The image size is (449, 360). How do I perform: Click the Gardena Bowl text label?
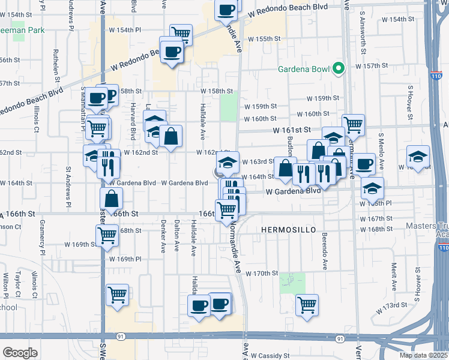[304, 68]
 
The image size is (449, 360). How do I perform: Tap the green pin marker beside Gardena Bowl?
[339, 68]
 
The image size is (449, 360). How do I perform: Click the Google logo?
[20, 353]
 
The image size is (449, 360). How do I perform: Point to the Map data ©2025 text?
[423, 355]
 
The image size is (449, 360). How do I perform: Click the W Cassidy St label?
[270, 355]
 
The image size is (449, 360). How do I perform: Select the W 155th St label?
[264, 39]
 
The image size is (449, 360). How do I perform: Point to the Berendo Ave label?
[325, 251]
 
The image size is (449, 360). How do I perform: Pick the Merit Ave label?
[394, 277]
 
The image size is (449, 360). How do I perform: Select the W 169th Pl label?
[125, 259]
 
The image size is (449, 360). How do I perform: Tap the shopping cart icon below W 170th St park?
[307, 304]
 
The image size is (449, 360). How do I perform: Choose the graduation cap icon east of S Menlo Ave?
[418, 156]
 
